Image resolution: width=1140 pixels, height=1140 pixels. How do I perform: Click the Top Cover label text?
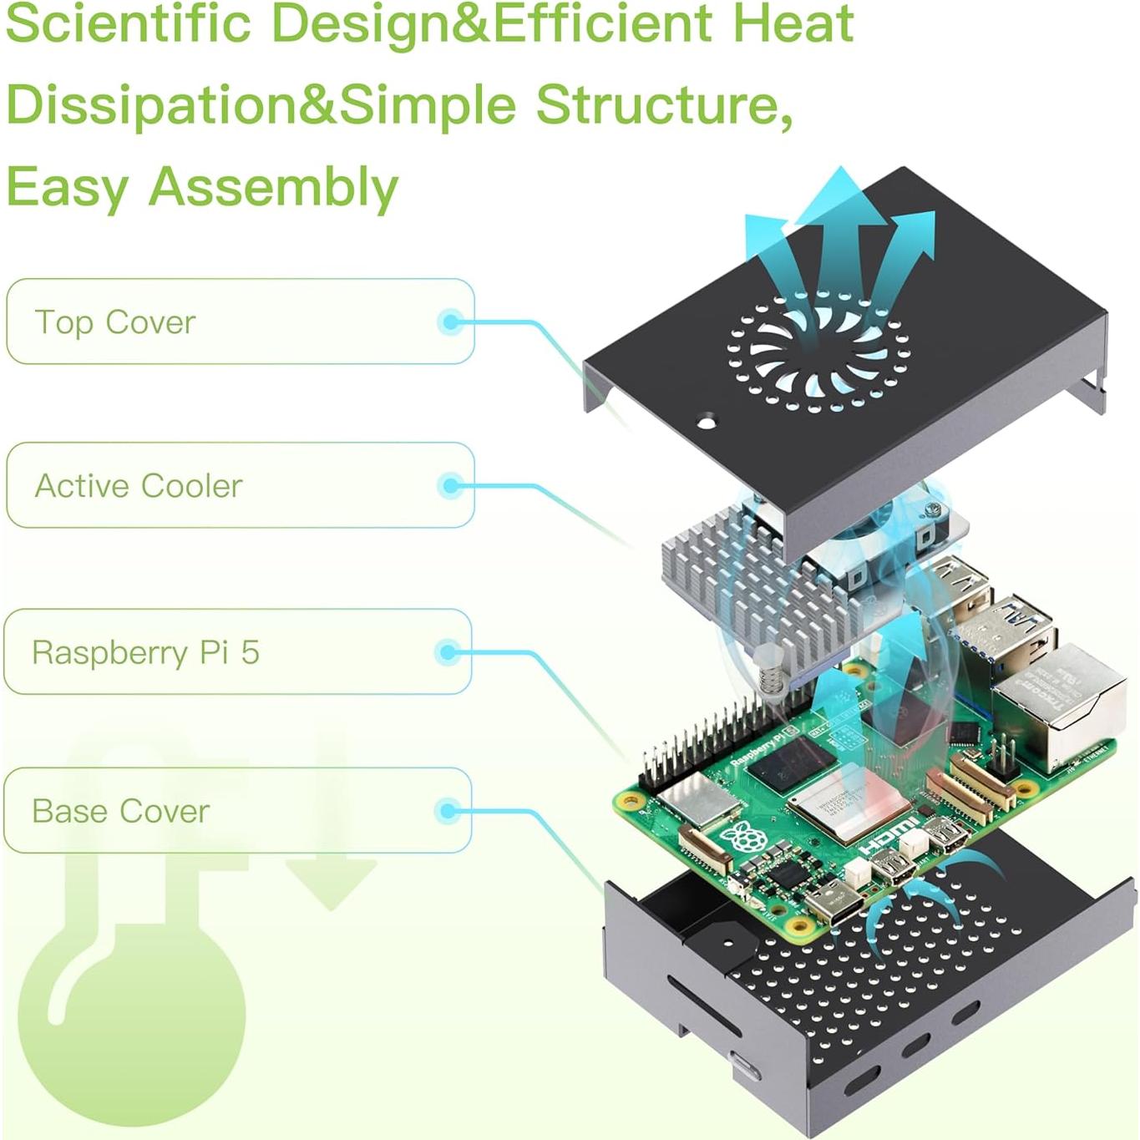pyautogui.click(x=115, y=322)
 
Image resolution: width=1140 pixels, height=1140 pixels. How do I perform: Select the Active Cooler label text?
pyautogui.click(x=139, y=486)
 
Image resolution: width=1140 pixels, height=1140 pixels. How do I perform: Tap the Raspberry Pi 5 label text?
pyautogui.click(x=145, y=652)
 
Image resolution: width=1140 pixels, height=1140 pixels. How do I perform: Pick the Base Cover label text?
pyautogui.click(x=120, y=811)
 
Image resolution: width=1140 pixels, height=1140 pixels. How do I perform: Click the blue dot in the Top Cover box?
pyautogui.click(x=451, y=322)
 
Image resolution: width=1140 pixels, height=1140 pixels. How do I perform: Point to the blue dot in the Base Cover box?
pyautogui.click(x=448, y=811)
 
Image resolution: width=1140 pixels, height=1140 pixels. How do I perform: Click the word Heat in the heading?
pyautogui.click(x=793, y=23)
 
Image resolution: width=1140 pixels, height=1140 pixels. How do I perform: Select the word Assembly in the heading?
pyautogui.click(x=273, y=187)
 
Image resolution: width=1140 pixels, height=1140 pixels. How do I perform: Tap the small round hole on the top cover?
pyautogui.click(x=707, y=423)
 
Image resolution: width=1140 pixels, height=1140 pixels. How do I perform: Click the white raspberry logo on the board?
pyautogui.click(x=742, y=838)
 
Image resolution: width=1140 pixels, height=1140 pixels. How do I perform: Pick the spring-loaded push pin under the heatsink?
pyautogui.click(x=772, y=672)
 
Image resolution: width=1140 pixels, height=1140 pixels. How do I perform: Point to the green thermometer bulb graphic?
pyautogui.click(x=131, y=1015)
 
